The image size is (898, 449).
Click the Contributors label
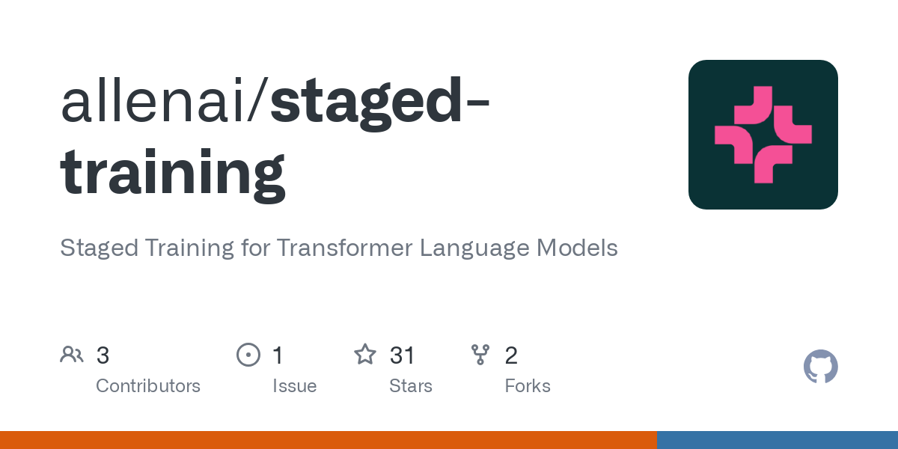148,386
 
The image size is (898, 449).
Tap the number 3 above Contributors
103,355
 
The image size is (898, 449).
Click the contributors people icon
72,355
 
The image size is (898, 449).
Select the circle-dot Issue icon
248,355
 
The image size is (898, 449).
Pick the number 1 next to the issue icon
278,355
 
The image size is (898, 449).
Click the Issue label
294,386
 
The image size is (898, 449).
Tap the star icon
364,355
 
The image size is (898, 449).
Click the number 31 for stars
403,355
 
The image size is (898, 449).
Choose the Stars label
411,386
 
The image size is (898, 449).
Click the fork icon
480,355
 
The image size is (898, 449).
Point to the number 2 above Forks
511,355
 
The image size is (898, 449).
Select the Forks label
528,386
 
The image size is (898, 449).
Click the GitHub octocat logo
820,367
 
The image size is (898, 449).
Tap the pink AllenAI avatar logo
763,135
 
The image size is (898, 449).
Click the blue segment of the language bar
777,440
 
